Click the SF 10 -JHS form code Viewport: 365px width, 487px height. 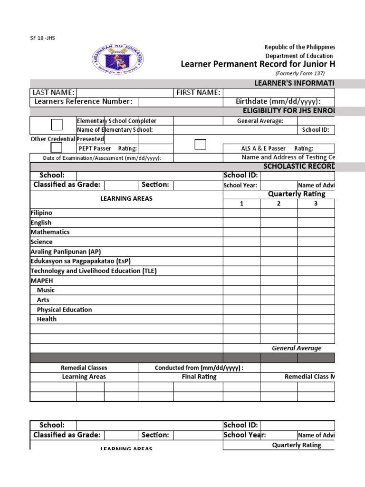point(42,38)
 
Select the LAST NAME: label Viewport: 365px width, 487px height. point(53,92)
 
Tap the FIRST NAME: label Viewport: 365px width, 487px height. point(198,92)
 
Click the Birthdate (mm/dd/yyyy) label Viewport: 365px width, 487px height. point(278,101)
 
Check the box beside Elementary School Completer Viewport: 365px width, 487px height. point(57,125)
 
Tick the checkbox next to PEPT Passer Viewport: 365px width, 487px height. point(57,147)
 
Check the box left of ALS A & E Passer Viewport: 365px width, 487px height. point(200,145)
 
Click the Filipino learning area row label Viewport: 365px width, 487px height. point(41,213)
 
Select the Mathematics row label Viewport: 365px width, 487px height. point(50,232)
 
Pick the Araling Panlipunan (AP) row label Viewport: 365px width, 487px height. point(66,252)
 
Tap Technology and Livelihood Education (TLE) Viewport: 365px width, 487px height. point(93,271)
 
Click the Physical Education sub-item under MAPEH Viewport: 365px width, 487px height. point(64,310)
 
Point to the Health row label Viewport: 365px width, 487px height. point(47,319)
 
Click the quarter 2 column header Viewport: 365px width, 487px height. point(279,203)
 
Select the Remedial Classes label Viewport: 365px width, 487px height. point(84,368)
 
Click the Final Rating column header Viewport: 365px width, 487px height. point(199,377)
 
